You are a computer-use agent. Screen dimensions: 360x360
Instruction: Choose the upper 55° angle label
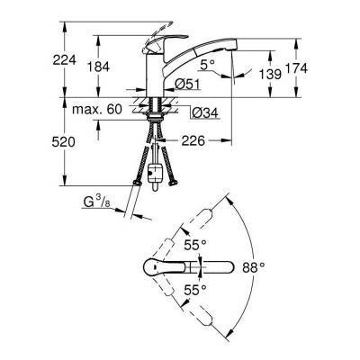point(196,244)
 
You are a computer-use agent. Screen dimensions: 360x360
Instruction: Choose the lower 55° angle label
point(196,290)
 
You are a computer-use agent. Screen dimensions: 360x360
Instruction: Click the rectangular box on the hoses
point(160,170)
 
